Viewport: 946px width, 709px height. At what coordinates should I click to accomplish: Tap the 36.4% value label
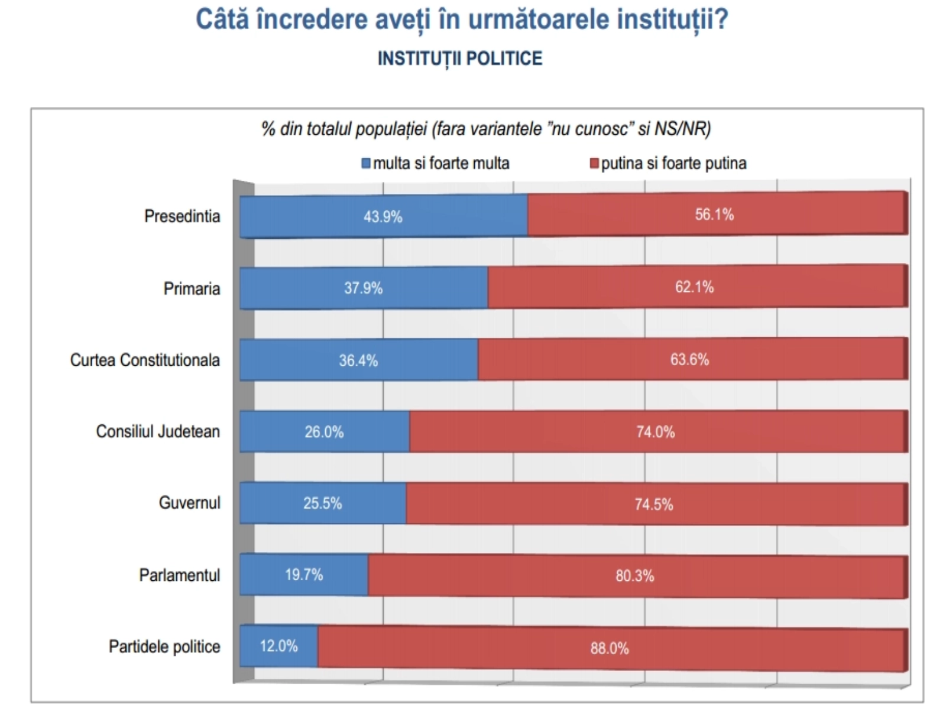tap(358, 360)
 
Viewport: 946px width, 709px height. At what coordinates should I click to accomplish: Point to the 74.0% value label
tap(655, 432)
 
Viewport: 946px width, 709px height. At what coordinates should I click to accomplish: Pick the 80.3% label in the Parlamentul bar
tap(634, 575)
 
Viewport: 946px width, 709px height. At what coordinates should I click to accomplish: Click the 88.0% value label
tap(609, 648)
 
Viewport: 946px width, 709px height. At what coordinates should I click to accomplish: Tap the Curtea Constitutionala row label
tap(145, 360)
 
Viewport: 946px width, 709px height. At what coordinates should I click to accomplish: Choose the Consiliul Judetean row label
tap(158, 431)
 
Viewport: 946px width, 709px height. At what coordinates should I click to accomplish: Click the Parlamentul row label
tap(179, 575)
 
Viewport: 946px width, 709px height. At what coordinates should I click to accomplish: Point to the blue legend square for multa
tap(366, 163)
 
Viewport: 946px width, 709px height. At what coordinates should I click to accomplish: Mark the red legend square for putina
tap(594, 163)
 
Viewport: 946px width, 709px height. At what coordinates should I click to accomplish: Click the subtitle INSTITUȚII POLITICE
tap(459, 58)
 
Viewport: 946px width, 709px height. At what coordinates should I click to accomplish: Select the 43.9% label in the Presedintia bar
tap(383, 217)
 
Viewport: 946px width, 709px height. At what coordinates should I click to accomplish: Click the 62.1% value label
tap(694, 287)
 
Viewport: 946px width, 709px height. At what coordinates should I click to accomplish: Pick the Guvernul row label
tap(189, 503)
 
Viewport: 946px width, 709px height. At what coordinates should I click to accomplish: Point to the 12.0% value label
tap(278, 646)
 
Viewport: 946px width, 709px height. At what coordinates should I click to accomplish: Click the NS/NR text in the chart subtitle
tap(682, 128)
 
